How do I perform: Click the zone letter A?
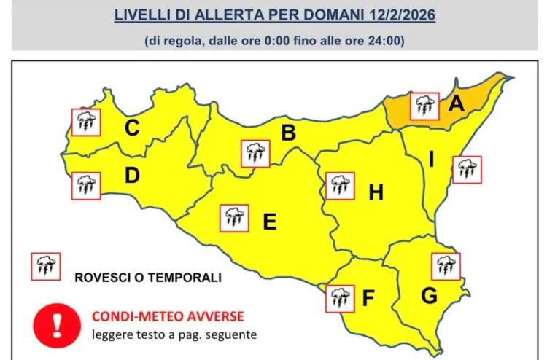point(457,104)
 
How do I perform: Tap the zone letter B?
point(289,133)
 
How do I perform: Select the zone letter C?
point(132,128)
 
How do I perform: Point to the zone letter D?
point(132,176)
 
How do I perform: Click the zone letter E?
point(269,222)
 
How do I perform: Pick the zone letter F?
point(368,299)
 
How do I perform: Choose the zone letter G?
point(429,296)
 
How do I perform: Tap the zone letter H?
point(376,193)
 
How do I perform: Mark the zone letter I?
point(431,158)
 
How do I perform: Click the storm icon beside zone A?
point(424,106)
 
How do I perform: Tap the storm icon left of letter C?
point(86,122)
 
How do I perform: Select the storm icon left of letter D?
point(86,186)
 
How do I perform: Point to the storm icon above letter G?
point(446,266)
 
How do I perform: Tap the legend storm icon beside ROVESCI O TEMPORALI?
point(45,267)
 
